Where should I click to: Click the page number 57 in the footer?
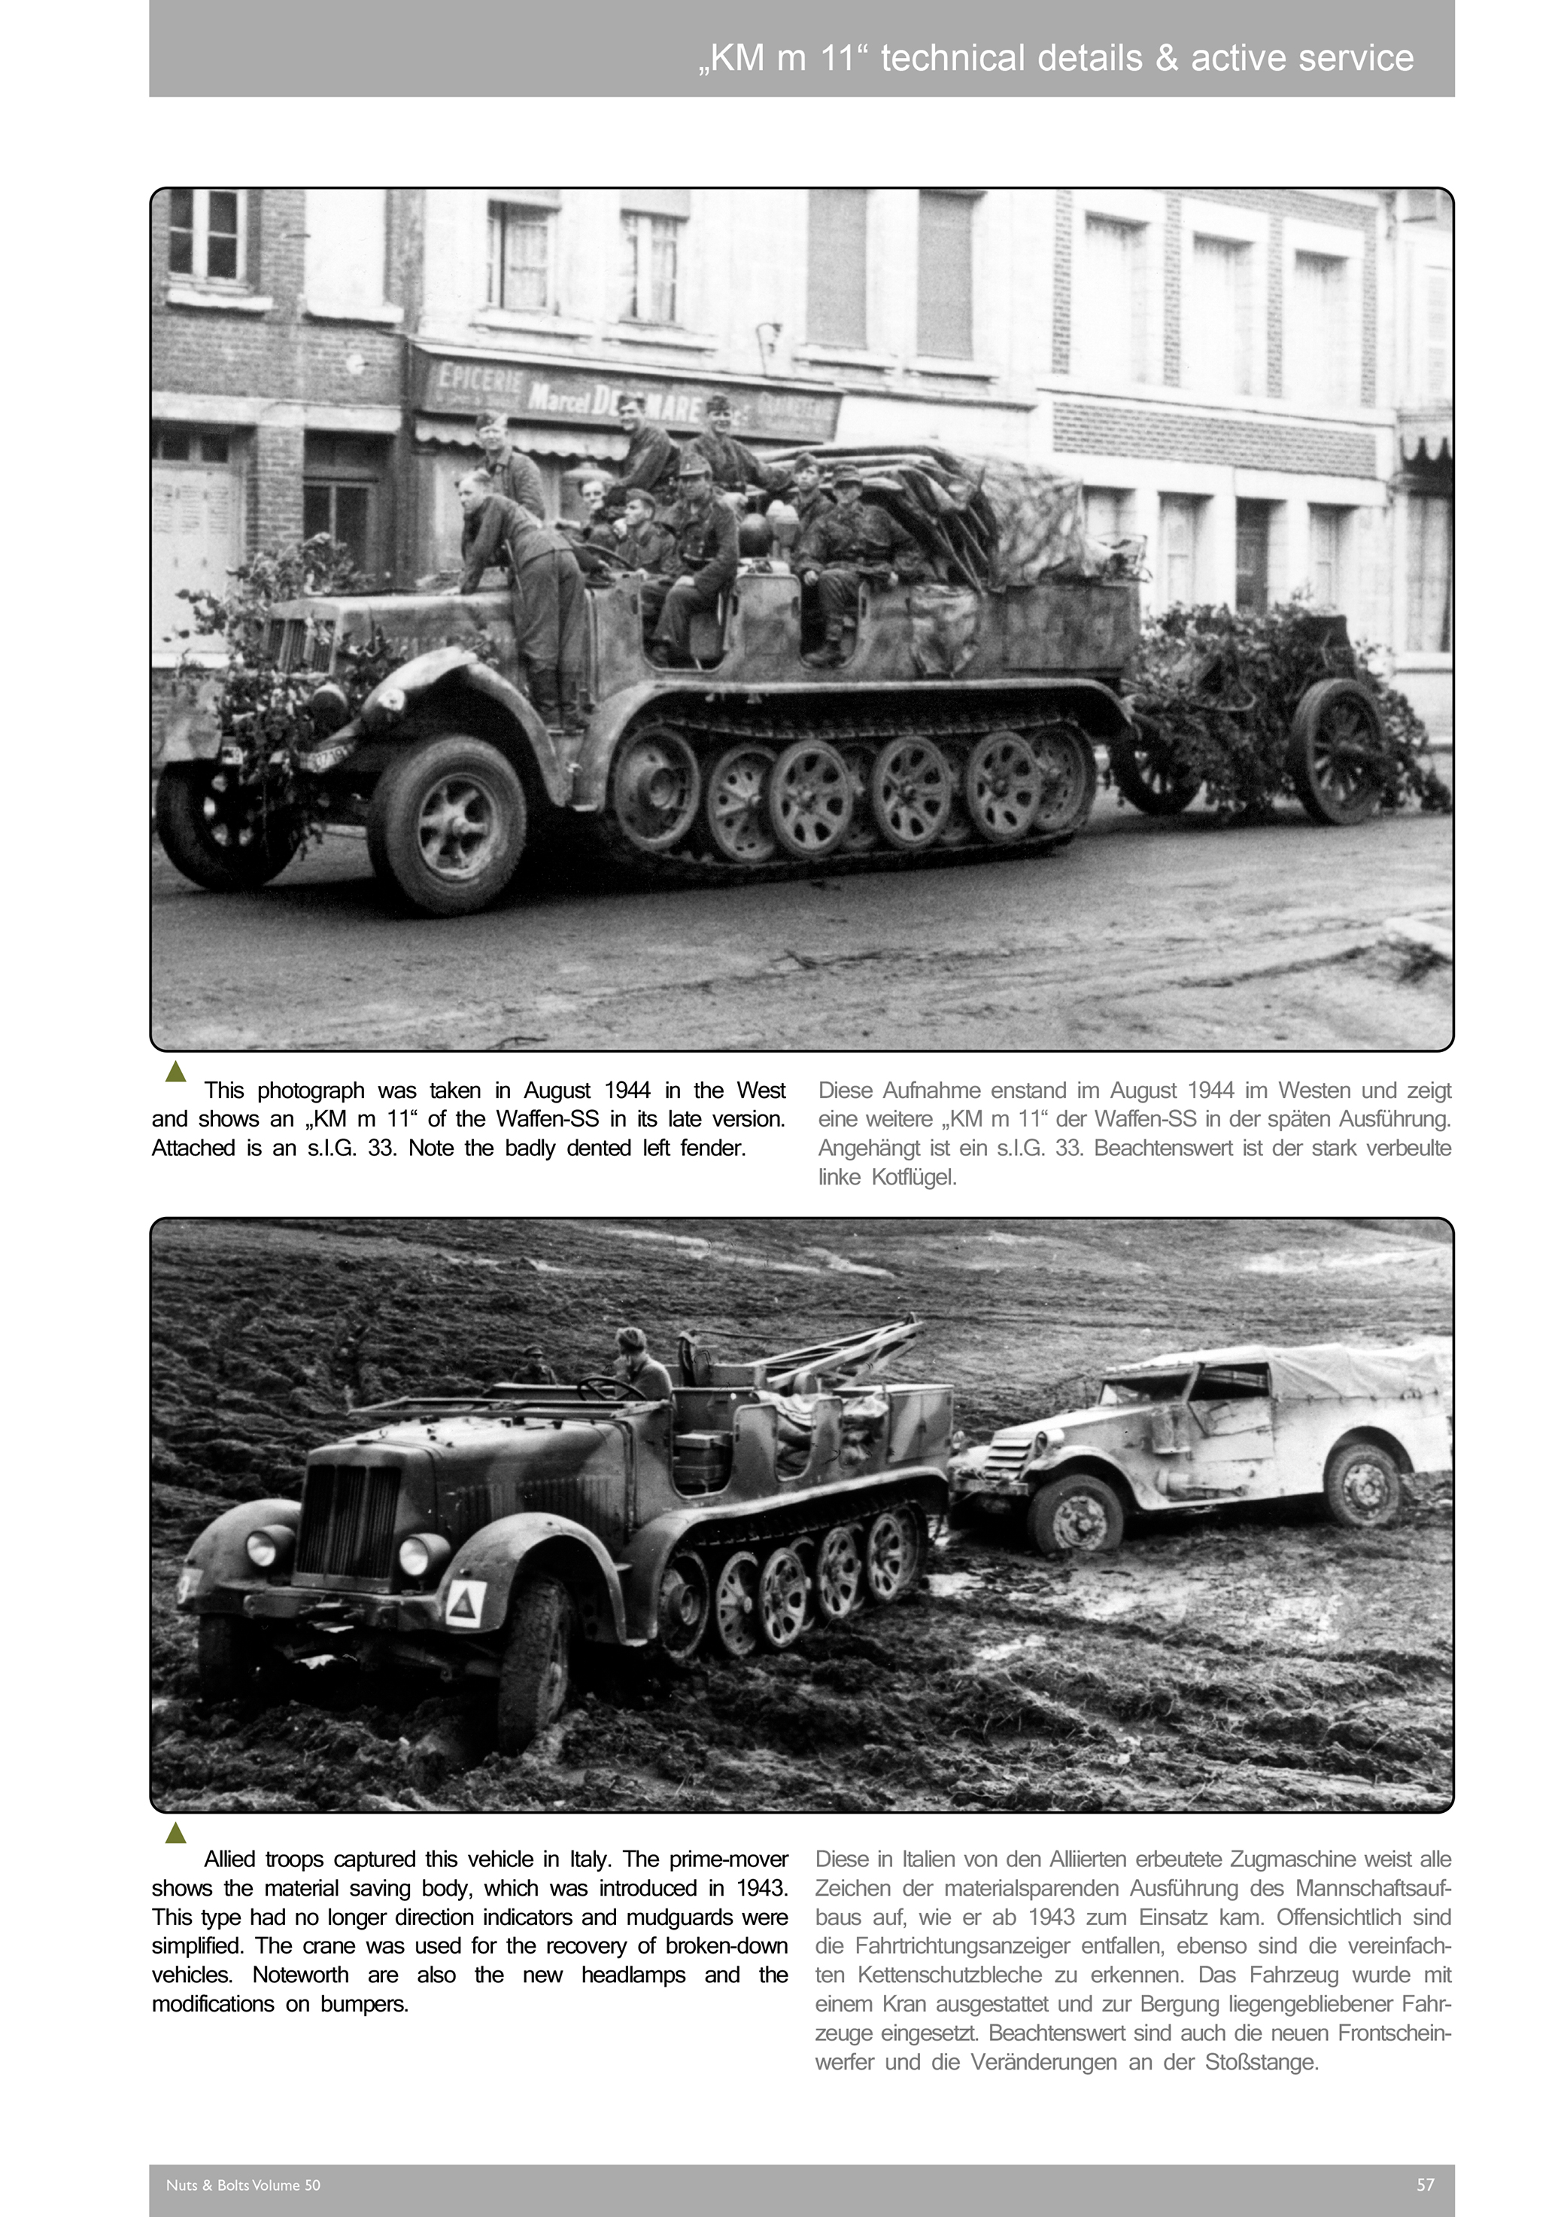pos(1425,2184)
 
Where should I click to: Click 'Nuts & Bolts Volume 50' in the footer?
pos(243,2184)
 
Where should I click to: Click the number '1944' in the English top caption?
pos(627,1090)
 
